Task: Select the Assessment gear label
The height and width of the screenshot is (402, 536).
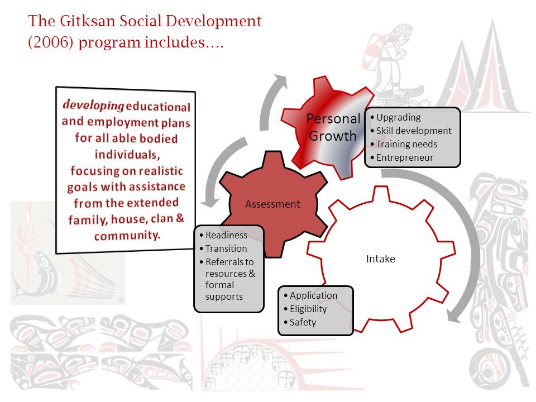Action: tap(272, 204)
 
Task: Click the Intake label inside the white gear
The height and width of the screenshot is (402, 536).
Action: tap(380, 259)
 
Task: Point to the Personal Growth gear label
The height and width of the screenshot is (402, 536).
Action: tap(333, 127)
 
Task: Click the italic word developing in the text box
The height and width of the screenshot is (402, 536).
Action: tap(93, 105)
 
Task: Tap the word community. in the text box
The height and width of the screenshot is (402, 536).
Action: tap(127, 235)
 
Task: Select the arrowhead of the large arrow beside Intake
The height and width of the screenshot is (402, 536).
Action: tap(454, 315)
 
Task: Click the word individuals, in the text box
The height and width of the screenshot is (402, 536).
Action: tap(127, 155)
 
